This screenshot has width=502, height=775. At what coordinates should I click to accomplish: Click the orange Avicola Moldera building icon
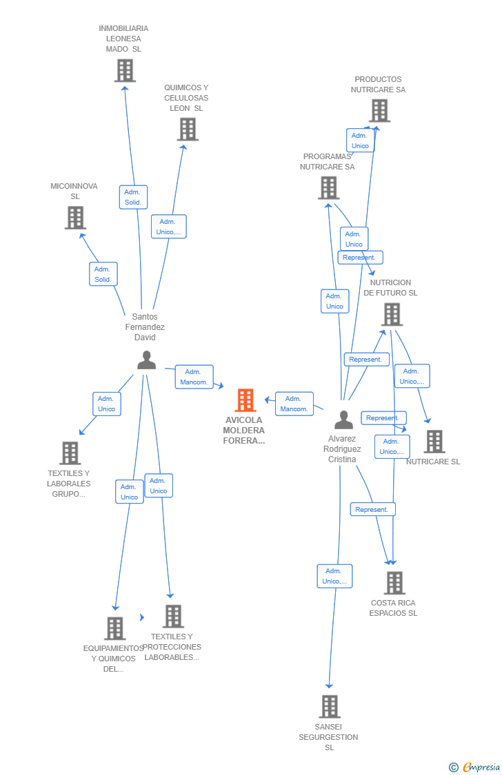245,400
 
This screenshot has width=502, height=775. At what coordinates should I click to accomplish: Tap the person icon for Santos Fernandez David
146,360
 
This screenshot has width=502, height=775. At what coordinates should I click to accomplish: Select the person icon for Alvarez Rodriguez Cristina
343,420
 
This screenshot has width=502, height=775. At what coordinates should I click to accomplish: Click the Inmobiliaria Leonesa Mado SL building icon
125,70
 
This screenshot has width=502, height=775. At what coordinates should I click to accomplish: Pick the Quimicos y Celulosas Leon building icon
188,129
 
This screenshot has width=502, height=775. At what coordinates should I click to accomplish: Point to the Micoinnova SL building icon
75,218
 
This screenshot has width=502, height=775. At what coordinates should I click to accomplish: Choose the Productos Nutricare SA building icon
379,110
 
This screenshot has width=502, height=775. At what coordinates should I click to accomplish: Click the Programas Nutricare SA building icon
329,187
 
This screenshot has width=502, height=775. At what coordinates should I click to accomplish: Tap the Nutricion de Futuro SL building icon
392,314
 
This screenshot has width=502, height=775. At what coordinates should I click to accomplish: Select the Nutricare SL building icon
434,442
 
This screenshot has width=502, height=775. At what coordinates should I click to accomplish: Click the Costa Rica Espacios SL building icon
394,583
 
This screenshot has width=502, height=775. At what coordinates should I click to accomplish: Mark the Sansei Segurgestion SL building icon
330,706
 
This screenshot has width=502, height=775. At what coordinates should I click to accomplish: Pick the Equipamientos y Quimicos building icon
114,628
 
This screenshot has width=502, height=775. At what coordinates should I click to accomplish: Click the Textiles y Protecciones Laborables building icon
173,616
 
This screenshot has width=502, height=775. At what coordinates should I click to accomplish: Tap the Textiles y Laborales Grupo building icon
70,453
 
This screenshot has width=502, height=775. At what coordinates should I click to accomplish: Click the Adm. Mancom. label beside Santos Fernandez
194,377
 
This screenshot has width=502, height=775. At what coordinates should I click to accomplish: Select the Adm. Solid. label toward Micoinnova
103,274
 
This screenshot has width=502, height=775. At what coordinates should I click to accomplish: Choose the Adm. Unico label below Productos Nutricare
360,141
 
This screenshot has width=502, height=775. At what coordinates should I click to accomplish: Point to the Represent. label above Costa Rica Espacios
372,510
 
